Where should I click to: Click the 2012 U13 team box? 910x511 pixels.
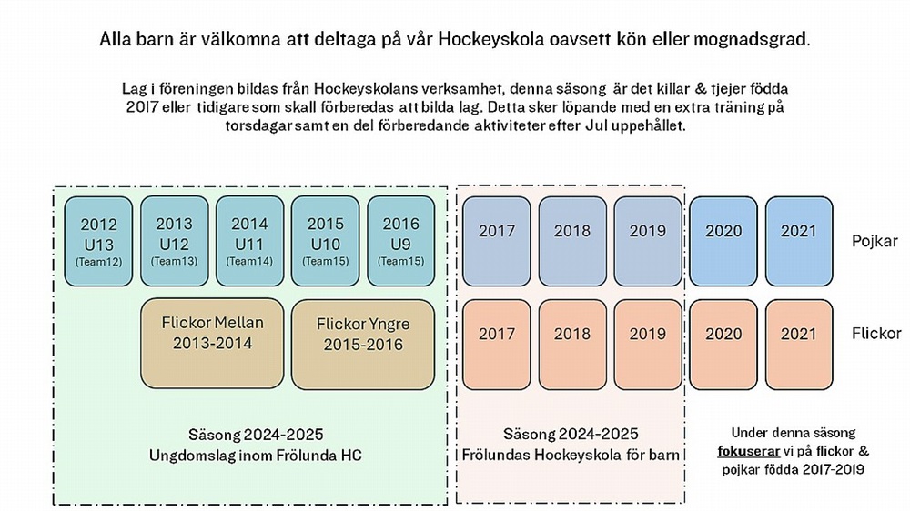pyautogui.click(x=98, y=241)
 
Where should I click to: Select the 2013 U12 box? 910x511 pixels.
pyautogui.click(x=174, y=241)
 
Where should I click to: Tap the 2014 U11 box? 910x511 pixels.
pyautogui.click(x=249, y=241)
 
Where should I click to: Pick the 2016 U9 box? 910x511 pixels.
pyautogui.click(x=400, y=241)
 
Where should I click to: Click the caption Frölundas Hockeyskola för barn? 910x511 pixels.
pyautogui.click(x=571, y=453)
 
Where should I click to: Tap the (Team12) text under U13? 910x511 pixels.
pyautogui.click(x=98, y=262)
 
